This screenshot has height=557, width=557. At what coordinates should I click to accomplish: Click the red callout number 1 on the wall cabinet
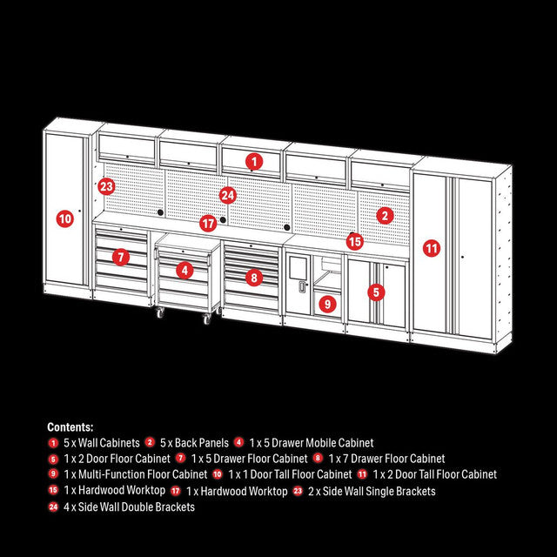point(253,161)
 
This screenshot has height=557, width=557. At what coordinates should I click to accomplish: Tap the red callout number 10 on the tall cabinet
point(64,218)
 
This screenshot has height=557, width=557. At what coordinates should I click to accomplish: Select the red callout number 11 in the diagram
point(432,248)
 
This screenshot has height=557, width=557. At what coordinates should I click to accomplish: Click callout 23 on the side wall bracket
point(106,186)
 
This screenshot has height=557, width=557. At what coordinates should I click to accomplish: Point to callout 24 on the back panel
point(227,195)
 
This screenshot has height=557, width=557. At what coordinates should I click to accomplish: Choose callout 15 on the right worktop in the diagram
point(354,241)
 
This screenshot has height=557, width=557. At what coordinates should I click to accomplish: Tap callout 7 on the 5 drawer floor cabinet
point(120,257)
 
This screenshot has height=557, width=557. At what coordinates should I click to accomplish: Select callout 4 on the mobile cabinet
point(184,270)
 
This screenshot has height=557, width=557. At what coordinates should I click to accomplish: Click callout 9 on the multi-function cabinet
point(327,304)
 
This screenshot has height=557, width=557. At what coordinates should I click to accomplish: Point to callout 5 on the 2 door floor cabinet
point(376,292)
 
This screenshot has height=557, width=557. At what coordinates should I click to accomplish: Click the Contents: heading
point(70,427)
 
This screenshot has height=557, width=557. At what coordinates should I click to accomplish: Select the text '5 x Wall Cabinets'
point(101,443)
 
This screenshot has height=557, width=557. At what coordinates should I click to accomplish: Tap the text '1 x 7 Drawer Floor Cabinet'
point(386,459)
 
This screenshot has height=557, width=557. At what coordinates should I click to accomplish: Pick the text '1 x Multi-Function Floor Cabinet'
point(136,475)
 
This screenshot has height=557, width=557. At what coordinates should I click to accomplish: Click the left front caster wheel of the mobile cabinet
point(161,313)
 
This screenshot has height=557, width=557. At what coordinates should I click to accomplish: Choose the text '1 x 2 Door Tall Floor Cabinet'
point(435,475)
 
